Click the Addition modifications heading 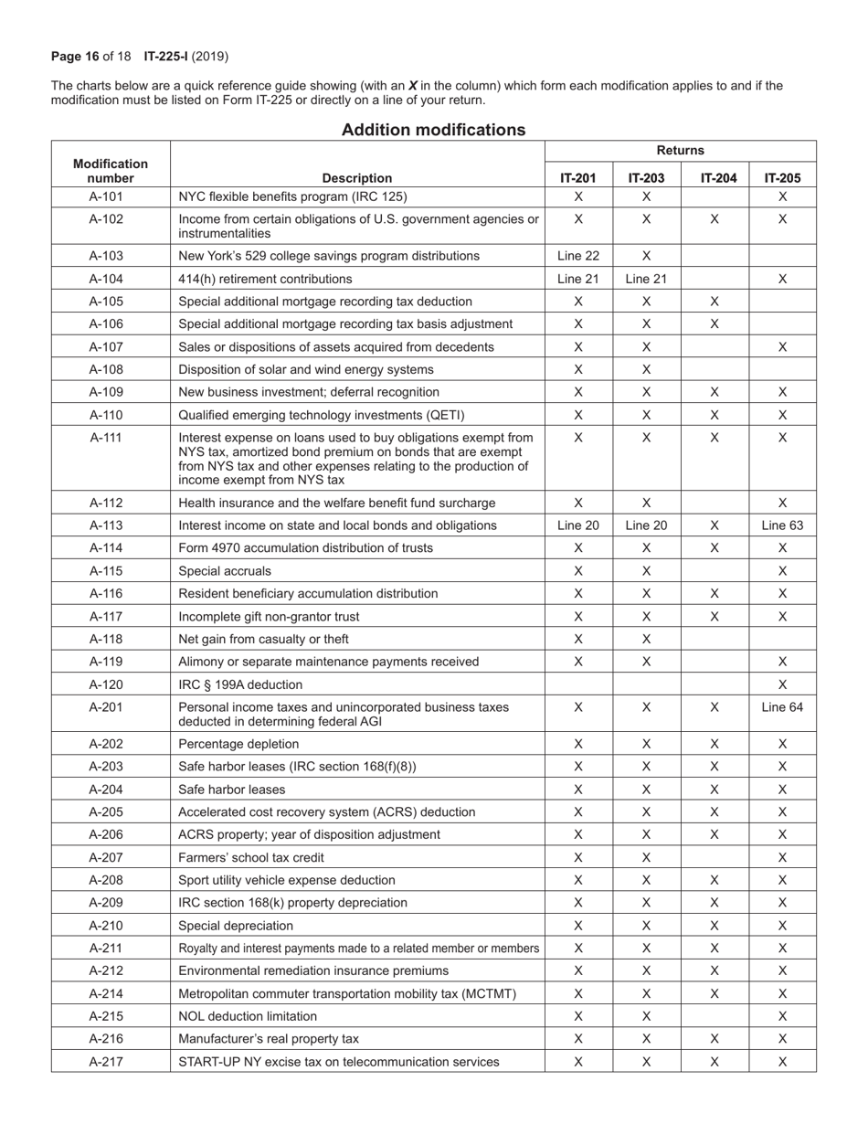(433, 130)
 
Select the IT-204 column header (715, 178)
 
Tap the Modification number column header (111, 171)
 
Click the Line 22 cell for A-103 (578, 256)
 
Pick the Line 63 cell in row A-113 (782, 525)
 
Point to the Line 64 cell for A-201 (782, 707)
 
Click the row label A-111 (111, 438)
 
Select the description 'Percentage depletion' (238, 744)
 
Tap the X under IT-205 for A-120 (782, 684)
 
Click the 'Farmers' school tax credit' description (251, 857)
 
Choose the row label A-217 (111, 1062)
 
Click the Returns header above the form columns (680, 151)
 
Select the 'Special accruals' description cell (225, 571)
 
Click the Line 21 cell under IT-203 (646, 279)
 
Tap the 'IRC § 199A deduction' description (240, 684)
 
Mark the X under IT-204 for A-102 (715, 219)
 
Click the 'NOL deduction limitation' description (248, 1016)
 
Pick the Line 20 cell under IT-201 (578, 525)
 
